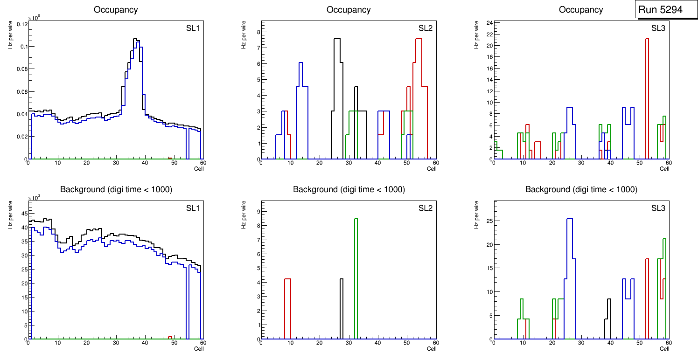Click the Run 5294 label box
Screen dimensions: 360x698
666,10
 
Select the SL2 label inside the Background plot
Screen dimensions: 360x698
426,208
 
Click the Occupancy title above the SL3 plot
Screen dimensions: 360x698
581,10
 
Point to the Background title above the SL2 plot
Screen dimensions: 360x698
349,189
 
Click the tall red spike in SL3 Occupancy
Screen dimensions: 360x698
647,93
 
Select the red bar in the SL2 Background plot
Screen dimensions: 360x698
287,308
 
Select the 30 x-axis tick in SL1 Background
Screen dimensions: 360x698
116,344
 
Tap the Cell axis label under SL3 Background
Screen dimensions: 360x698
664,348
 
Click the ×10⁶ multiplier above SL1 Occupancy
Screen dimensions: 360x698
34,18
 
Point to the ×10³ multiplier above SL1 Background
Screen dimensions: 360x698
34,198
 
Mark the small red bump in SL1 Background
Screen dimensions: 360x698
170,337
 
